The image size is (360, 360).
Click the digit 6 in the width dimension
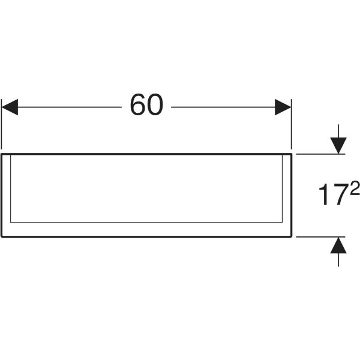(138, 104)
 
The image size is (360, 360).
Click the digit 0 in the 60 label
(155, 104)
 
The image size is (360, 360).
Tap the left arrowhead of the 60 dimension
(10, 107)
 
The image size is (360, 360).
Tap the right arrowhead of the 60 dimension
(283, 107)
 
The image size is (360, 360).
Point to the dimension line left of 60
(70, 107)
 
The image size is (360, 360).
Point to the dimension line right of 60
(223, 107)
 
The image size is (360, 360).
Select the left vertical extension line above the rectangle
(1, 124)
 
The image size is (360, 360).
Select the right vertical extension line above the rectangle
(292, 124)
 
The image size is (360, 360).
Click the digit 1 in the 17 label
(325, 194)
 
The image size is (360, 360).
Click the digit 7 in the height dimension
(340, 194)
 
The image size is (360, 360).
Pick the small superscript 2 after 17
(355, 187)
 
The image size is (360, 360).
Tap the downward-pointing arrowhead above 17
(338, 146)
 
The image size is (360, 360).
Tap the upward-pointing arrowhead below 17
(338, 245)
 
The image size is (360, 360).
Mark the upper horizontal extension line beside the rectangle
(320, 154)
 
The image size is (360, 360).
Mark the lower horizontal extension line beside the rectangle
(320, 237)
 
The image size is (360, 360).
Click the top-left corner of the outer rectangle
(2, 154)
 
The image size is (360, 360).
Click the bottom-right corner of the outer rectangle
(292, 237)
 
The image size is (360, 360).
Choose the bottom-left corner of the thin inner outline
(11, 222)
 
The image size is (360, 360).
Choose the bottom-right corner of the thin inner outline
(283, 222)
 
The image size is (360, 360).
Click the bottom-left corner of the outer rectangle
(2, 237)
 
